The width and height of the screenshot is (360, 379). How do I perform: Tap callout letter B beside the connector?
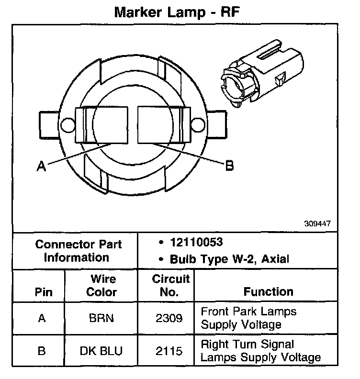coord(229,166)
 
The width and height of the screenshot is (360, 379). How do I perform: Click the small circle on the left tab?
coord(67,125)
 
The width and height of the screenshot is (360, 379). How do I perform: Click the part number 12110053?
coord(196,243)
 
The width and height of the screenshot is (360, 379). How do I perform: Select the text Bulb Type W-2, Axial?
coord(229,259)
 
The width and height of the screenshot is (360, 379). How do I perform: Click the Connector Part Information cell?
coord(79,251)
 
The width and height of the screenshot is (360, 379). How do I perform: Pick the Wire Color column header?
coord(101,285)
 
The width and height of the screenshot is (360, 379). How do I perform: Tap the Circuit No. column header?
coord(171,285)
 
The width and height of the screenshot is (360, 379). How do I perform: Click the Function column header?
coord(268,291)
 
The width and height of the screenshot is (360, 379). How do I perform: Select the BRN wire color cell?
coord(101,318)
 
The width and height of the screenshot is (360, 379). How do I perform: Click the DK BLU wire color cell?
coord(101,351)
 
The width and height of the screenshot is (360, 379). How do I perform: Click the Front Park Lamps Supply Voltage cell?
coord(248,318)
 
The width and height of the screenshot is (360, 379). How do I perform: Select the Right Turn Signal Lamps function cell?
coord(260,351)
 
